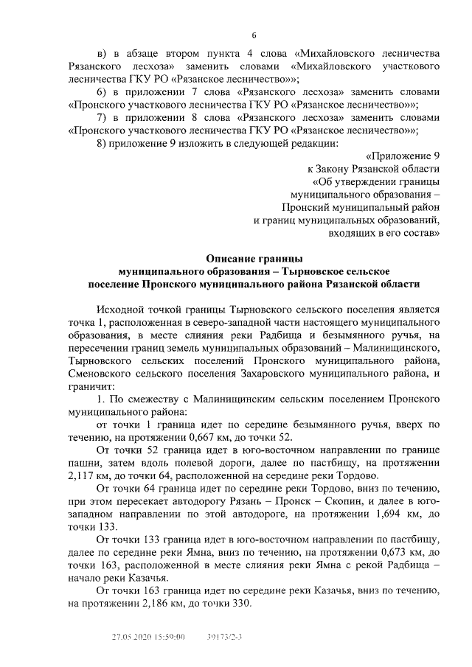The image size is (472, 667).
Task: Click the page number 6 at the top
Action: [254, 35]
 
